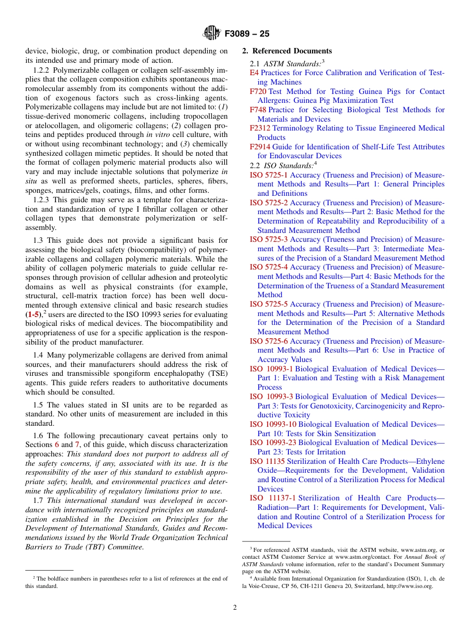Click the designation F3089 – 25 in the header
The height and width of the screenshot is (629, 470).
click(247, 34)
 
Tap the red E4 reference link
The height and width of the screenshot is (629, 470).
click(254, 73)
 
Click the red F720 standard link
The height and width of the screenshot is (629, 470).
click(258, 91)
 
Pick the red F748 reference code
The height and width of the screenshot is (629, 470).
click(258, 110)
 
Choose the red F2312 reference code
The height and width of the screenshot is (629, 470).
click(260, 128)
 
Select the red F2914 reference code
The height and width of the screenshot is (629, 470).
click(260, 147)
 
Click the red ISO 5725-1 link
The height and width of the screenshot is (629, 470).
click(269, 175)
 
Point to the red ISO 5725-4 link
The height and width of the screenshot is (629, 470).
click(269, 267)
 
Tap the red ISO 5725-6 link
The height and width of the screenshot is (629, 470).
click(269, 341)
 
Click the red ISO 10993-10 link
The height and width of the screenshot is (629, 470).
click(273, 424)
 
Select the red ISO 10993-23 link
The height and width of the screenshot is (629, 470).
click(273, 443)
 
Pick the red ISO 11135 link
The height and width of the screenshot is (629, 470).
click(267, 461)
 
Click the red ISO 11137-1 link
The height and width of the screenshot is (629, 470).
click(273, 498)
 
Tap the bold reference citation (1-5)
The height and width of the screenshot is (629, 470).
click(34, 314)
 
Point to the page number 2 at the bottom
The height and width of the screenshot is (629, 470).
click(235, 607)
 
